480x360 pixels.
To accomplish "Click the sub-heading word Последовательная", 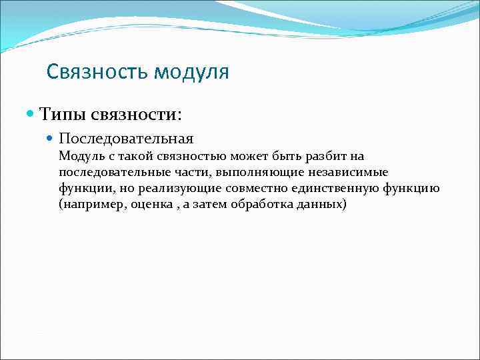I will tap(126, 139).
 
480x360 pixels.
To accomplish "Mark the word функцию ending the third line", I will tap(411, 189).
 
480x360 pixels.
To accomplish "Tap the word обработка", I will tap(262, 205).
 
